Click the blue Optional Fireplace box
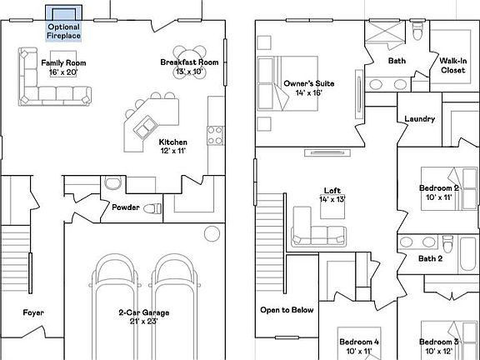coord(64,13)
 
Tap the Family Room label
coord(64,67)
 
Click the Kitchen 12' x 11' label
coord(172,147)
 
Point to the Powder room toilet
coord(153,207)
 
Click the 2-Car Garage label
coord(143,317)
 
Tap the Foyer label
coord(33,313)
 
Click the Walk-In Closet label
coord(452,66)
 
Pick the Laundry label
coord(419,119)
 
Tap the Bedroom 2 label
coord(438,193)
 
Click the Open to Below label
coord(287,310)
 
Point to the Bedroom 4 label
coord(358,347)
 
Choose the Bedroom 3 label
coord(439,347)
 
